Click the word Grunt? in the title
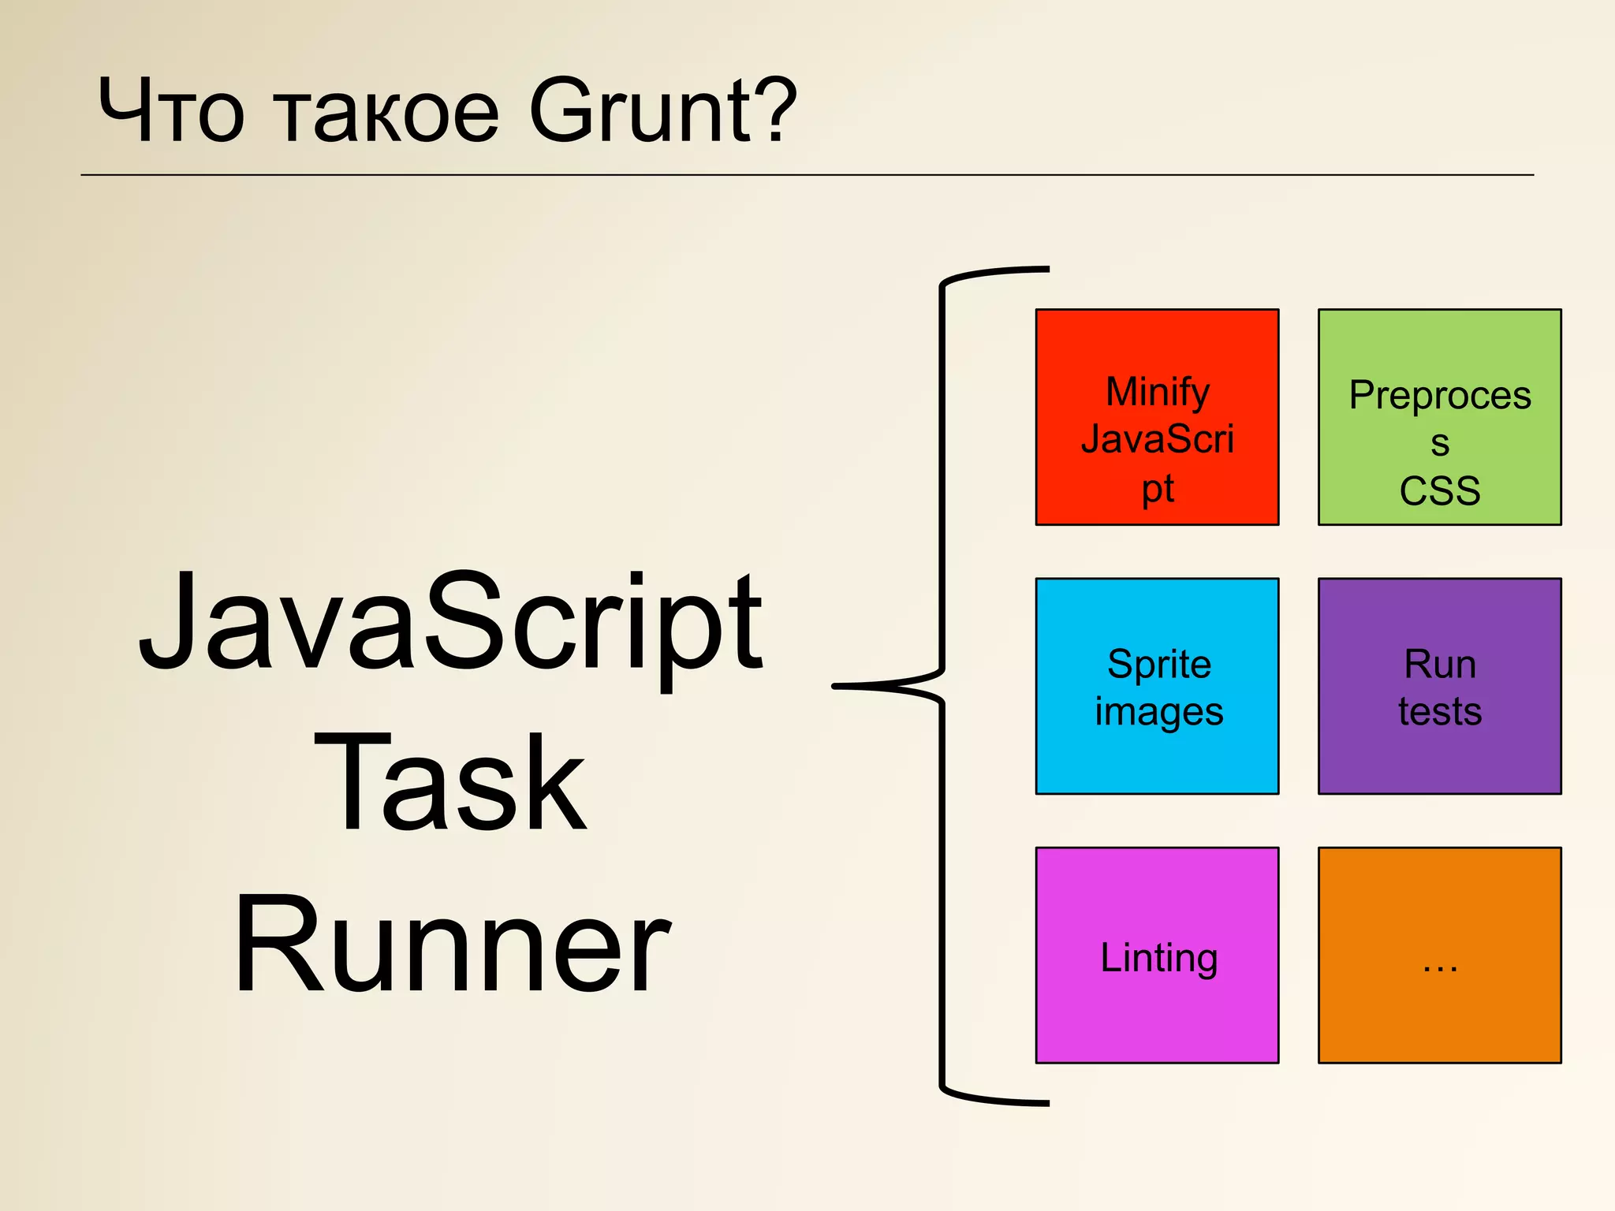tap(662, 112)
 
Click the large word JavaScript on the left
tap(450, 623)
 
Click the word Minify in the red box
tap(1157, 393)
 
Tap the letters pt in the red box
tap(1157, 489)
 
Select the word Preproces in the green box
tap(1439, 395)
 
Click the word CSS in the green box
tap(1439, 490)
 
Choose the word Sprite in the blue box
tap(1158, 664)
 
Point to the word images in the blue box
tap(1158, 712)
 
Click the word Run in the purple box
tap(1439, 664)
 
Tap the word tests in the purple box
tap(1439, 711)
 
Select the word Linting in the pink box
tap(1158, 958)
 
